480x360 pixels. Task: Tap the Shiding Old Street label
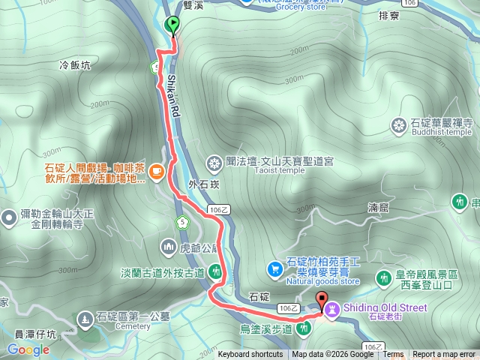[x=385, y=307]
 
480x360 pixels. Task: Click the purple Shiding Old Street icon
[x=331, y=307]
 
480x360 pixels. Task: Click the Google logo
[x=28, y=349]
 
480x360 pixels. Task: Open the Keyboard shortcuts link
[x=250, y=355]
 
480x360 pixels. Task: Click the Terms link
[x=393, y=355]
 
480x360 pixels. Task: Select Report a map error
[x=444, y=355]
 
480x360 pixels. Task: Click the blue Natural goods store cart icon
[x=276, y=267]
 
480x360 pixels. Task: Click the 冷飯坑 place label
[x=74, y=65]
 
